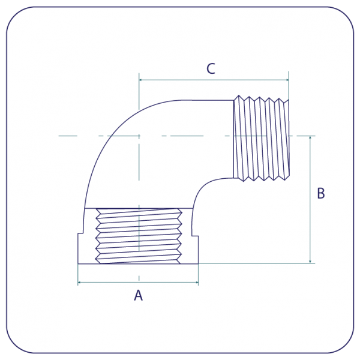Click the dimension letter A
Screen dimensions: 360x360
click(x=139, y=295)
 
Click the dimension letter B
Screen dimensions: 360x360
click(x=320, y=194)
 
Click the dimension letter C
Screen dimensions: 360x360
click(x=211, y=69)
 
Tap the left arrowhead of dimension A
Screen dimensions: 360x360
click(x=80, y=281)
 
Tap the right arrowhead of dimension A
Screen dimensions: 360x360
click(x=196, y=281)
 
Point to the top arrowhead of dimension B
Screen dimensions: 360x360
click(x=310, y=138)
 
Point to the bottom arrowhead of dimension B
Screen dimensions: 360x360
click(x=310, y=261)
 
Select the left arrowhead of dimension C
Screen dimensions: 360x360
click(x=141, y=80)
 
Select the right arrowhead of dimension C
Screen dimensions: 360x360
click(x=287, y=80)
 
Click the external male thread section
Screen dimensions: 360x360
click(x=261, y=138)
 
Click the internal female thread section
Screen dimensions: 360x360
click(x=139, y=236)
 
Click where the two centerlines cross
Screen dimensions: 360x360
click(x=139, y=136)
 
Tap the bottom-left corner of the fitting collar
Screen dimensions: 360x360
click(x=79, y=263)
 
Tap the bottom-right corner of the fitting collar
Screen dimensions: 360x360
click(x=198, y=263)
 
